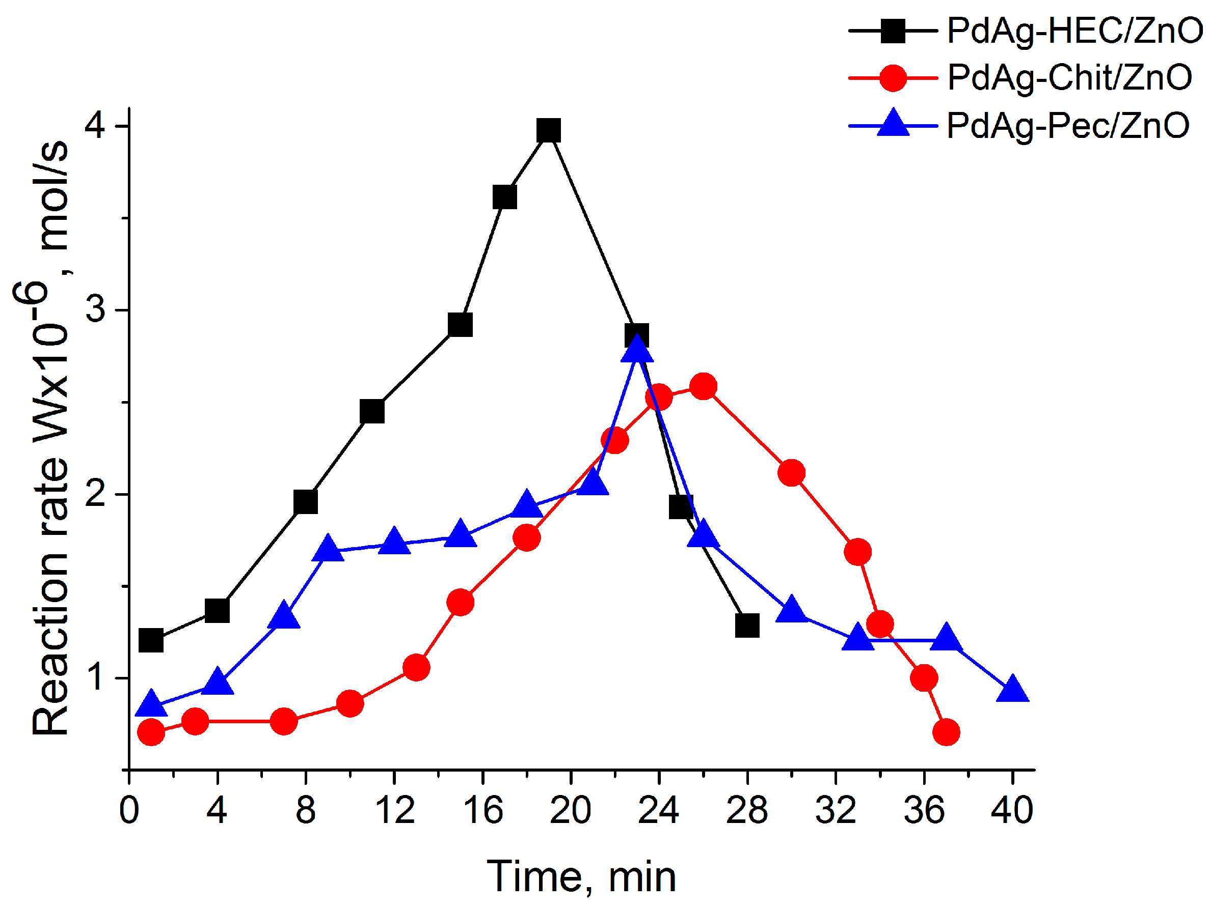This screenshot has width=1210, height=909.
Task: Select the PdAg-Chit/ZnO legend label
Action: (1069, 78)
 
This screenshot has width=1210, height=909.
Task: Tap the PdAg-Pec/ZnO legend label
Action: (1068, 126)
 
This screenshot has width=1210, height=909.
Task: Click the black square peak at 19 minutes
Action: (548, 131)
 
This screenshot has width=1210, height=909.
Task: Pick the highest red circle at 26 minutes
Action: (704, 387)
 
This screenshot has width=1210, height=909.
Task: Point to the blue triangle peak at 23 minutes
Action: (637, 350)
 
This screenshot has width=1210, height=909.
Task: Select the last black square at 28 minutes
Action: (747, 626)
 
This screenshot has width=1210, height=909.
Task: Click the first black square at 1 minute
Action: (151, 641)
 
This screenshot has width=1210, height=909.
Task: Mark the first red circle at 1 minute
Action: (151, 732)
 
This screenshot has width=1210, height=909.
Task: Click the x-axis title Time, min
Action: (581, 877)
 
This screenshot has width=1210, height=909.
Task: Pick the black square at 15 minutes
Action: (460, 325)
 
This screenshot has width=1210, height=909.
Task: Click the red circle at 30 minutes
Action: (792, 473)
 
